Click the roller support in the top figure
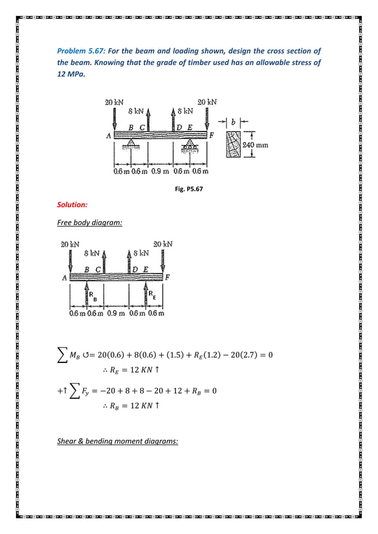191,148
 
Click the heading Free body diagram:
87,223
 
